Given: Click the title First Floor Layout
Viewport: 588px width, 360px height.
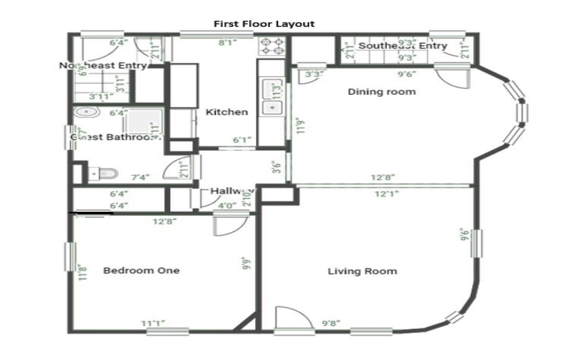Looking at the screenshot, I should [x=264, y=24].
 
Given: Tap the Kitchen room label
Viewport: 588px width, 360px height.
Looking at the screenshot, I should [x=227, y=112].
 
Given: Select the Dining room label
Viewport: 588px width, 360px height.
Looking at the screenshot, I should [x=381, y=91].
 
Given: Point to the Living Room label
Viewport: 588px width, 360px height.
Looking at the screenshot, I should [x=362, y=271].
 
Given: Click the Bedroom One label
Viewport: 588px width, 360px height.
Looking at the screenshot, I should [x=141, y=270].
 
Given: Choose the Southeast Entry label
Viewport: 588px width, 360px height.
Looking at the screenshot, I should [x=403, y=46].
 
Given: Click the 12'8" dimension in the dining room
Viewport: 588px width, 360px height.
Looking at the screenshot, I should [x=384, y=178].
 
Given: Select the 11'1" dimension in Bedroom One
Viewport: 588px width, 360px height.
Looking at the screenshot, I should [x=153, y=323].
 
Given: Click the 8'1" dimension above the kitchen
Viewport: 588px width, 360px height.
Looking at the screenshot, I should [x=229, y=43].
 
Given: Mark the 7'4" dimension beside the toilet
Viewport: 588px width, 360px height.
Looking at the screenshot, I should [x=140, y=178].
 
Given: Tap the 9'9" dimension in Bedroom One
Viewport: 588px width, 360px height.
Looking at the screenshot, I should [x=246, y=264].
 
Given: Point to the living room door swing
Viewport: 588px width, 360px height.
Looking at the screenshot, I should [x=285, y=320].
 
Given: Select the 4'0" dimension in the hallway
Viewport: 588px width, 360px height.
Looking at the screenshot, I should [x=227, y=206].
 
